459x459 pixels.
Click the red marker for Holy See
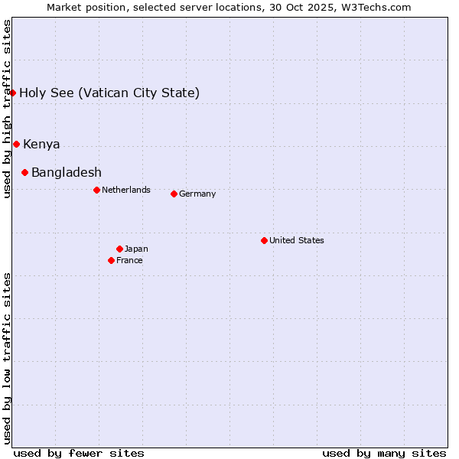(x=13, y=93)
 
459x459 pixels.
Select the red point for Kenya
(x=16, y=144)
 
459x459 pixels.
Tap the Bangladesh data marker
(x=24, y=173)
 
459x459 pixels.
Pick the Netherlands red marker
(x=96, y=190)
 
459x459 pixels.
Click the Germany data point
(x=174, y=194)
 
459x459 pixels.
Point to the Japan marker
(x=119, y=249)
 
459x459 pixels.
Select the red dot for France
(x=111, y=260)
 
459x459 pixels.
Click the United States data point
(x=264, y=240)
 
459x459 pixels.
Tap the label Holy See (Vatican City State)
(x=109, y=93)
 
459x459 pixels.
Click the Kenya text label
(x=41, y=145)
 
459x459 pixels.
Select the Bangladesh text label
(x=67, y=173)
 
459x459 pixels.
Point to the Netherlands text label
(x=126, y=190)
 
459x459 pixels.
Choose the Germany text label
(x=197, y=194)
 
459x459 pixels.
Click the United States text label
(x=297, y=240)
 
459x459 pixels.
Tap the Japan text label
(x=136, y=249)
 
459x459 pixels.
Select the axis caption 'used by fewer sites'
(x=79, y=453)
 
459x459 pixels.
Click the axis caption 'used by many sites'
(x=384, y=453)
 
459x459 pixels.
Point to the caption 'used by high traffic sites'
(x=7, y=109)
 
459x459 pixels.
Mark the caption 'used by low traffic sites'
(x=7, y=358)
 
